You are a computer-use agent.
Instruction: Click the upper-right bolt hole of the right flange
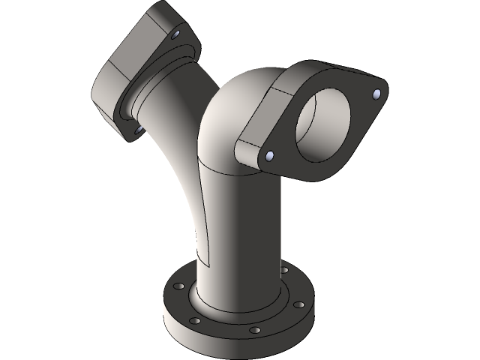tap(376, 93)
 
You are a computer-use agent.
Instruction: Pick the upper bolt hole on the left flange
tap(175, 35)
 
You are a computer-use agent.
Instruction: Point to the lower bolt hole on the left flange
tap(139, 130)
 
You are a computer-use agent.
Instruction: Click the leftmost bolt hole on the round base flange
tap(178, 285)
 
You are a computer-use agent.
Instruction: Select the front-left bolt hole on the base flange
tap(195, 320)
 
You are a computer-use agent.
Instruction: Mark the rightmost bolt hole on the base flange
tap(298, 305)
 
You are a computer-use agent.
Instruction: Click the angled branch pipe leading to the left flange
tap(176, 150)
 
